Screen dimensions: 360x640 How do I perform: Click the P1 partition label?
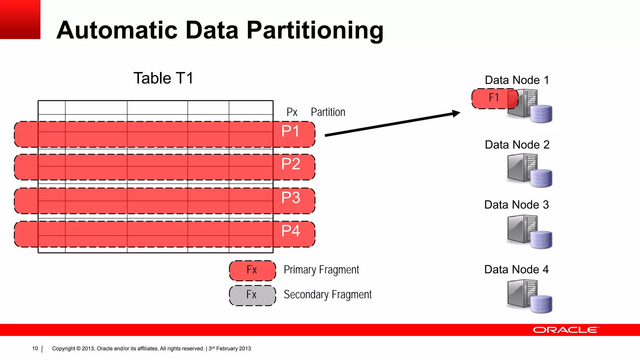pyautogui.click(x=290, y=131)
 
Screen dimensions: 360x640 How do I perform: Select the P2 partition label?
pyautogui.click(x=291, y=164)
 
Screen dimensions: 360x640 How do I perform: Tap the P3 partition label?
pyautogui.click(x=291, y=197)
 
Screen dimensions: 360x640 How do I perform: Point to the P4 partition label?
pyautogui.click(x=291, y=231)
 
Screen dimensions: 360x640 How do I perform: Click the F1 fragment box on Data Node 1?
pyautogui.click(x=494, y=98)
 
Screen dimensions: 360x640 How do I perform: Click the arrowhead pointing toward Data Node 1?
pyautogui.click(x=456, y=113)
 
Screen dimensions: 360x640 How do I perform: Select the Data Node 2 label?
pyautogui.click(x=517, y=145)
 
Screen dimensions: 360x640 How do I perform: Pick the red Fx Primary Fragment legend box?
pyautogui.click(x=252, y=270)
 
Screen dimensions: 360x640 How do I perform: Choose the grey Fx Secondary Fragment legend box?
pyautogui.click(x=252, y=295)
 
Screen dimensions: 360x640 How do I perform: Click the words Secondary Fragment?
pyautogui.click(x=327, y=295)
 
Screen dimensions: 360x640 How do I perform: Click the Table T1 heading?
pyautogui.click(x=163, y=78)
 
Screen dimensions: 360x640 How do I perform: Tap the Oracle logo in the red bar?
pyautogui.click(x=565, y=330)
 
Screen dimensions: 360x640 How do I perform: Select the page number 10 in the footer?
pyautogui.click(x=35, y=348)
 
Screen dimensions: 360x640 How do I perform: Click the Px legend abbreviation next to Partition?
pyautogui.click(x=292, y=112)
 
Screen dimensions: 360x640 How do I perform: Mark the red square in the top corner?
pyautogui.click(x=20, y=19)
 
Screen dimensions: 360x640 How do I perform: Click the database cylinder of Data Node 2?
pyautogui.click(x=541, y=178)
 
